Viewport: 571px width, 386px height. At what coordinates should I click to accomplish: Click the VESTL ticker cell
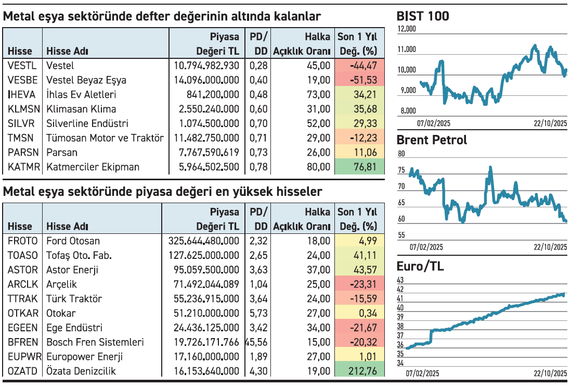(x=22, y=66)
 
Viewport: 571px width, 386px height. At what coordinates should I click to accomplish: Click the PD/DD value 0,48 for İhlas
(x=258, y=95)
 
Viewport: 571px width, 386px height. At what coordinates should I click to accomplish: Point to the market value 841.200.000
(x=213, y=95)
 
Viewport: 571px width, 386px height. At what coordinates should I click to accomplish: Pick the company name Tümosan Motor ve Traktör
(x=105, y=138)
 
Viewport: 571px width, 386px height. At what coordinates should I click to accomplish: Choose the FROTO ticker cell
(x=23, y=241)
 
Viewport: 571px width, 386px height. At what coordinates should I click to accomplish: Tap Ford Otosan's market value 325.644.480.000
(x=204, y=241)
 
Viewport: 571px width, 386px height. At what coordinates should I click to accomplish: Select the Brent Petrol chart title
(x=432, y=140)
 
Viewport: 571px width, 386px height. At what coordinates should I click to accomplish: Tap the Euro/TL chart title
(x=420, y=267)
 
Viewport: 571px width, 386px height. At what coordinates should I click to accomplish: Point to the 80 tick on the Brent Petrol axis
(x=400, y=154)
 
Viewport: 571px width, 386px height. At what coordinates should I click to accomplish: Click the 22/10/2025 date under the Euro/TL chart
(x=550, y=374)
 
